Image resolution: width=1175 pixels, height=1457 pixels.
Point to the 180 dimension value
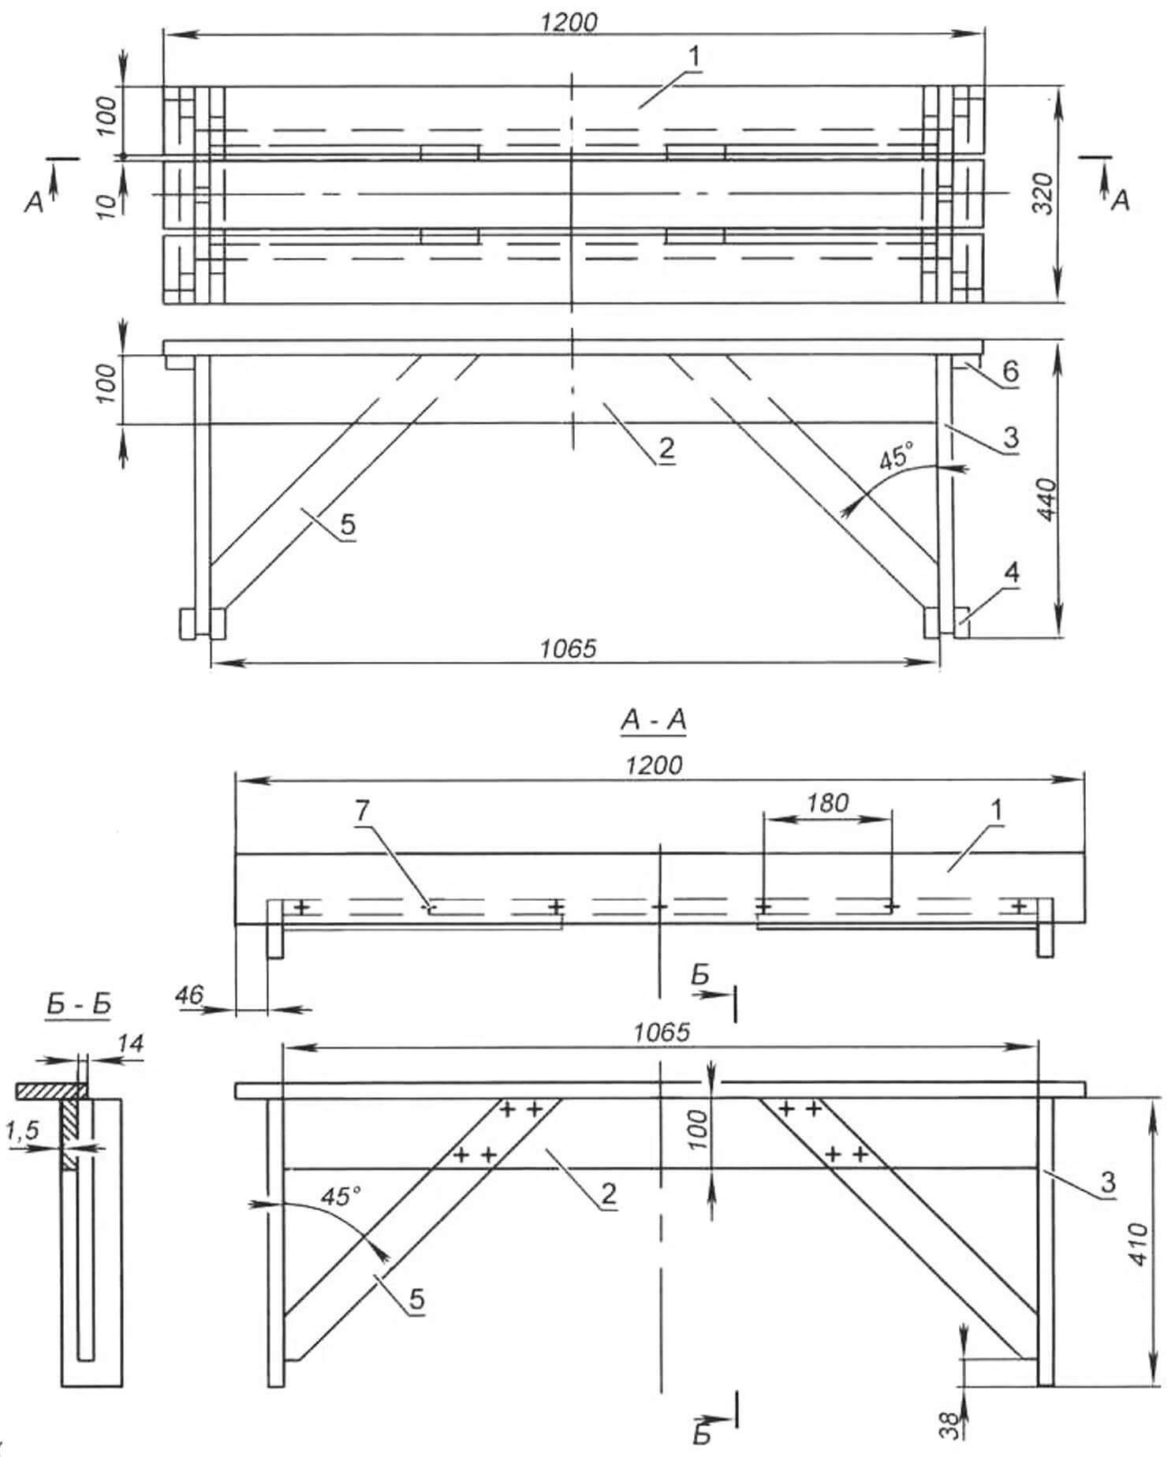[x=827, y=803]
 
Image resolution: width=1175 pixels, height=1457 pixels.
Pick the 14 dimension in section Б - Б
[x=130, y=1044]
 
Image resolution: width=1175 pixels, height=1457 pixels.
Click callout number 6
[x=1010, y=370]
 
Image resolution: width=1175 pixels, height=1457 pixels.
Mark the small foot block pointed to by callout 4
[x=961, y=623]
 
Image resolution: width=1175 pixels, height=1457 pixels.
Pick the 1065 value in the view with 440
[x=569, y=648]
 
